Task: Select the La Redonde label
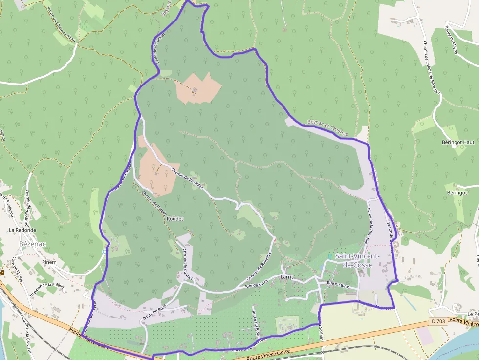tap(22, 230)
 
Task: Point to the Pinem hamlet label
tap(49, 262)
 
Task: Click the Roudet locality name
tap(174, 219)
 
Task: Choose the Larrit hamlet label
tap(287, 277)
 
